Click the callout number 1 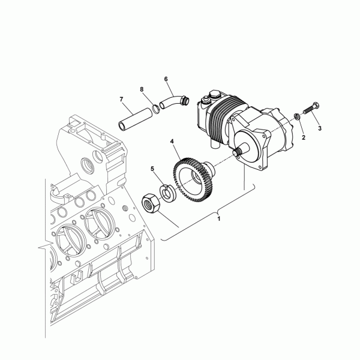click(220, 220)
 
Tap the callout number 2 click(303, 137)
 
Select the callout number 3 click(320, 128)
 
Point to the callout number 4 click(172, 142)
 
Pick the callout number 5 click(152, 169)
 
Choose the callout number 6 click(166, 79)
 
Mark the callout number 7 click(121, 99)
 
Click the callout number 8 click(142, 89)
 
